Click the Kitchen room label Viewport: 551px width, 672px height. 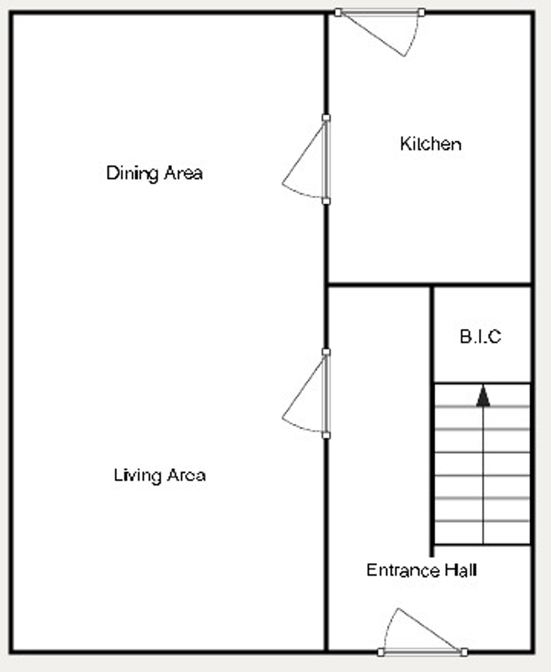click(430, 144)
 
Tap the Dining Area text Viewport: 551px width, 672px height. click(155, 173)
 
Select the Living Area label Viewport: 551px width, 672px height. click(160, 475)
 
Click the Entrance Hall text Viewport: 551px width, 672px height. click(422, 570)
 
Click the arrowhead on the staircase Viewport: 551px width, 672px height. click(483, 396)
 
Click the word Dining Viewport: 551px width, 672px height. click(132, 174)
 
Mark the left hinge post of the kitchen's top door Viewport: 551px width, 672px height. click(338, 13)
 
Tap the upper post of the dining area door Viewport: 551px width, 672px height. click(326, 118)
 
